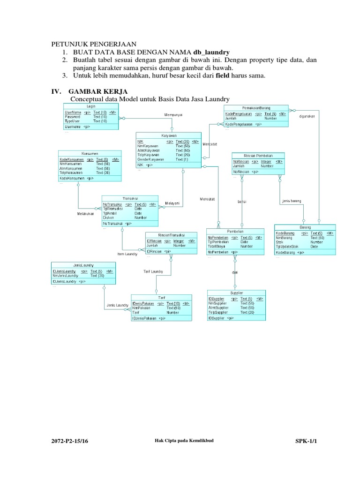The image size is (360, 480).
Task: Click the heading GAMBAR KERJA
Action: click(97, 90)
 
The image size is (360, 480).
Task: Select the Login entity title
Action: click(91, 107)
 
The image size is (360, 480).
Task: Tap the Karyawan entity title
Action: click(168, 135)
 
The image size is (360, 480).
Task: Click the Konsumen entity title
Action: click(90, 154)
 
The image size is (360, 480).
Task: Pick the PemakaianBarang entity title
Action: click(256, 108)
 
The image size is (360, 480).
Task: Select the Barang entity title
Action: click(305, 227)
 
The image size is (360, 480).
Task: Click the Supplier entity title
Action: click(237, 292)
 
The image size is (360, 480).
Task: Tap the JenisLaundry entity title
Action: click(83, 265)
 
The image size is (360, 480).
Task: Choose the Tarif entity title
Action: click(161, 298)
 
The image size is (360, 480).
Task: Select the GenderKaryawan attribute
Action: click(150, 159)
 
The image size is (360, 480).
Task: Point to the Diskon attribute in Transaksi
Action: click(108, 217)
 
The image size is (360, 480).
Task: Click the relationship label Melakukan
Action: click(86, 214)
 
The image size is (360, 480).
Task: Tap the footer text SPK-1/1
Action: click(306, 441)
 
